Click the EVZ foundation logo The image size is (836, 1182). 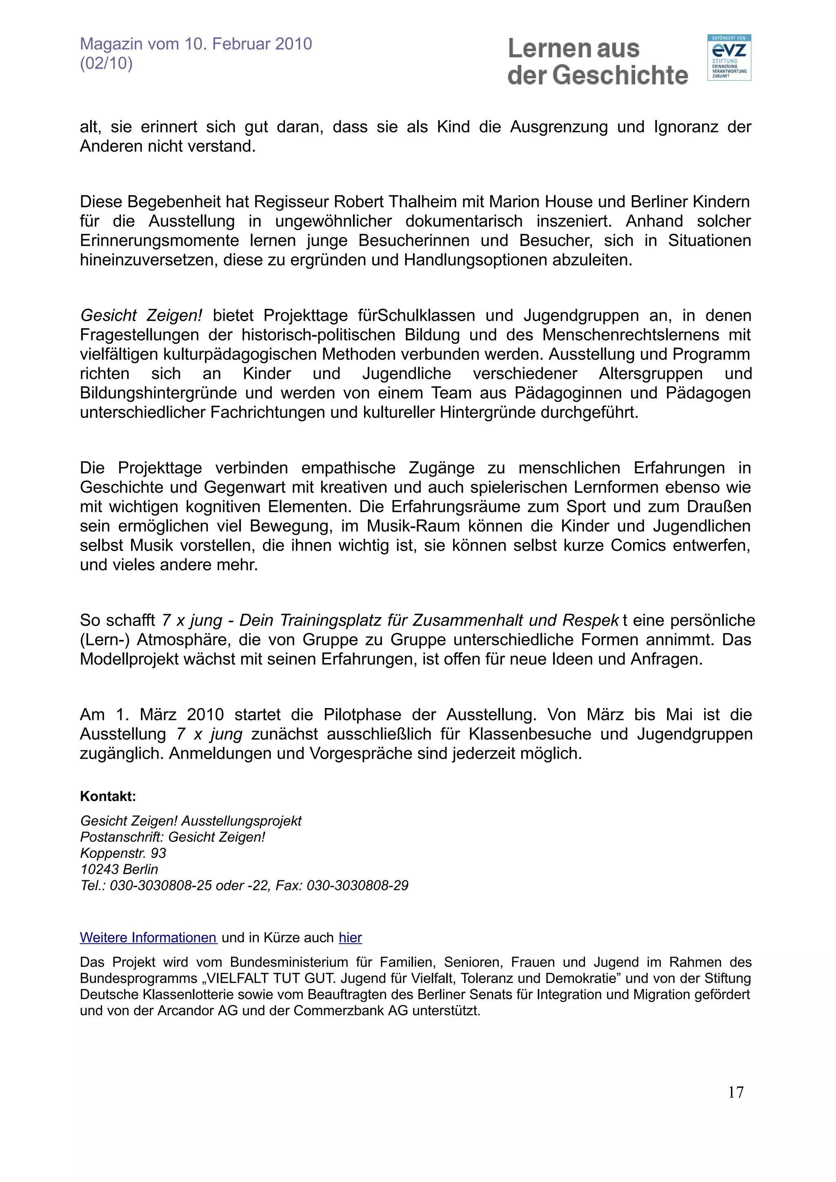point(729,57)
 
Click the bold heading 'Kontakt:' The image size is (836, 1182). point(108,797)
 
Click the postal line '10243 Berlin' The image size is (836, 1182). point(119,869)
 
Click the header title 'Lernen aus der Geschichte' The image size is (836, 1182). point(598,62)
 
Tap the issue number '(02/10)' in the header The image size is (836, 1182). point(106,63)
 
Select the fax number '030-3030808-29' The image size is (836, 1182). point(358,885)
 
